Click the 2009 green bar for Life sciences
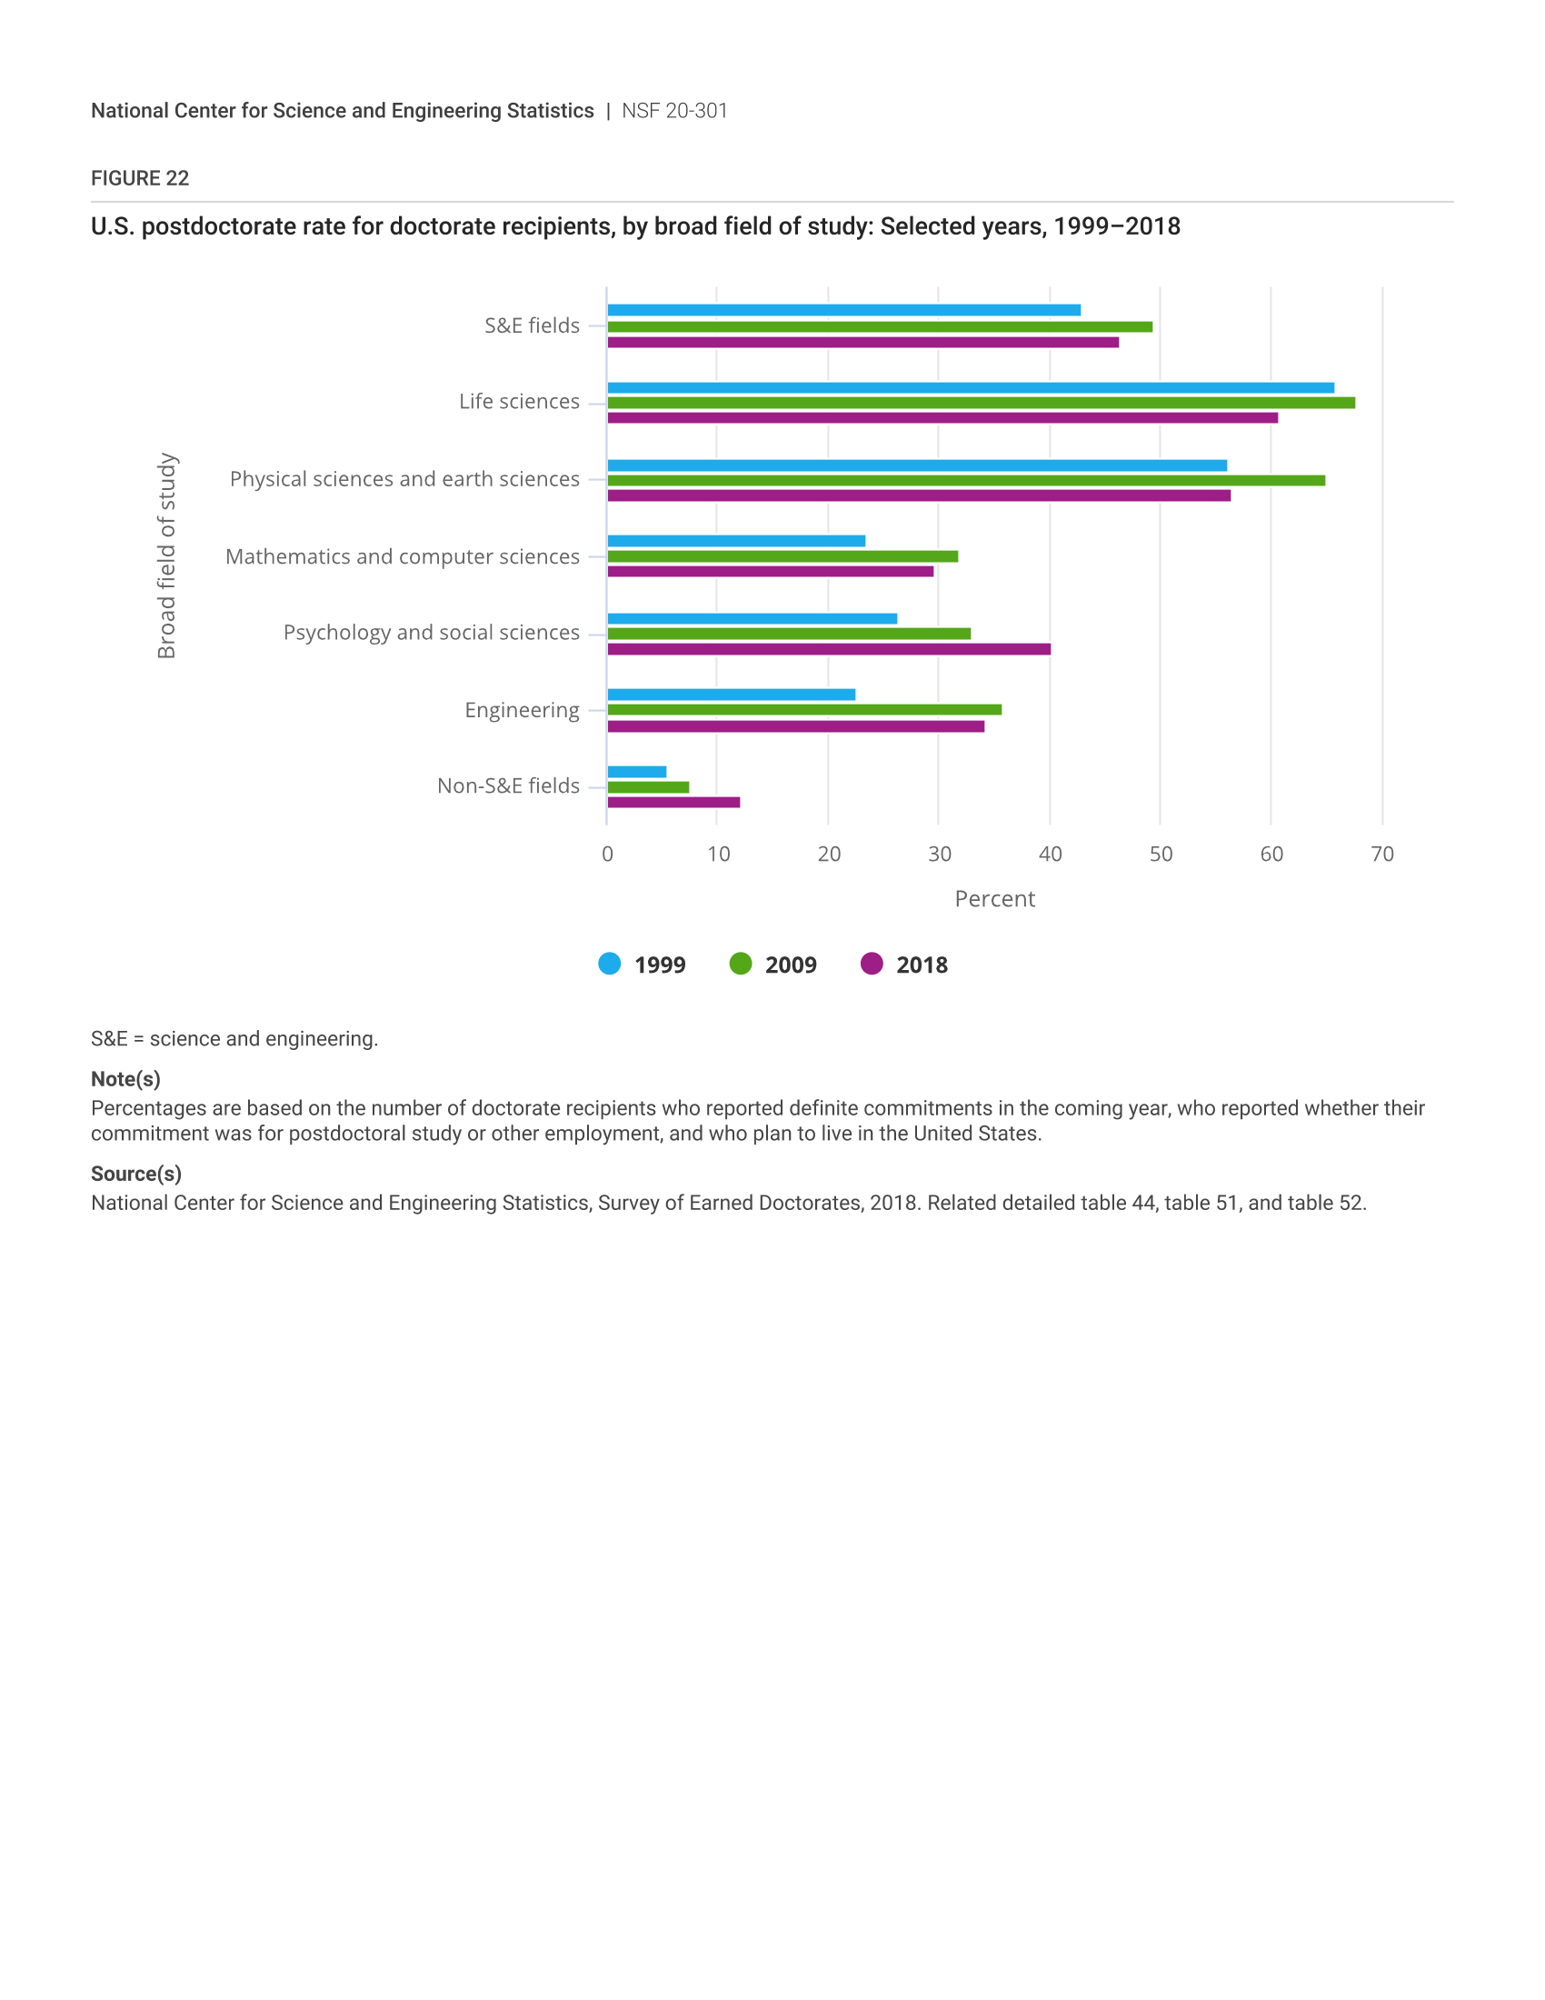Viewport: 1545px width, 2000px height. [982, 403]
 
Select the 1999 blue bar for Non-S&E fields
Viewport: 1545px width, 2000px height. [637, 772]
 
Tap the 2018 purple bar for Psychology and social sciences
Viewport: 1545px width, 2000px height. [829, 649]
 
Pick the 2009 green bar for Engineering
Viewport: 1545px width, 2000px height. [804, 710]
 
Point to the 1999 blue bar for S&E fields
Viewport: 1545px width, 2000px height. [844, 310]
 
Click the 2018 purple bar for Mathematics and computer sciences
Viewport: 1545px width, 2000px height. [771, 572]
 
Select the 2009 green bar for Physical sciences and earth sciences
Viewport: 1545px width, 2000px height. [967, 481]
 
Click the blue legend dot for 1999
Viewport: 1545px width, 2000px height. [610, 964]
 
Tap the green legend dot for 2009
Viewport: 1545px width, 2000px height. [741, 964]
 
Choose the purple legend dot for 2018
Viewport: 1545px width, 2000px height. [872, 964]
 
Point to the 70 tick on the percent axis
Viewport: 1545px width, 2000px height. [1382, 855]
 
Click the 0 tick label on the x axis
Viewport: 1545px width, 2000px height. [608, 855]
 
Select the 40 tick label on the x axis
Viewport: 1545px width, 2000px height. [1050, 855]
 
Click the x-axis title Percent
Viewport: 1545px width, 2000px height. [995, 899]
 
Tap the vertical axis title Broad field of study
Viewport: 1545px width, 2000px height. [166, 555]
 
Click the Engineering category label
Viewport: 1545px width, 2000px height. [522, 711]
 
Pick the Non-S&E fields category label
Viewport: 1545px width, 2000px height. [508, 785]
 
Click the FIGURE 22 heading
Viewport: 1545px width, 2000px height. [140, 178]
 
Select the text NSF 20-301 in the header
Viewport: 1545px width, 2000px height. [674, 111]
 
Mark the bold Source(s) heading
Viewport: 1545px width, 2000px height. [136, 1174]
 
